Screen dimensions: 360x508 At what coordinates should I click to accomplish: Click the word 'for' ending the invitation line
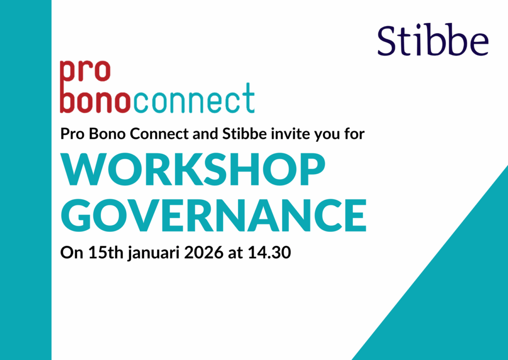pyautogui.click(x=356, y=134)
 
